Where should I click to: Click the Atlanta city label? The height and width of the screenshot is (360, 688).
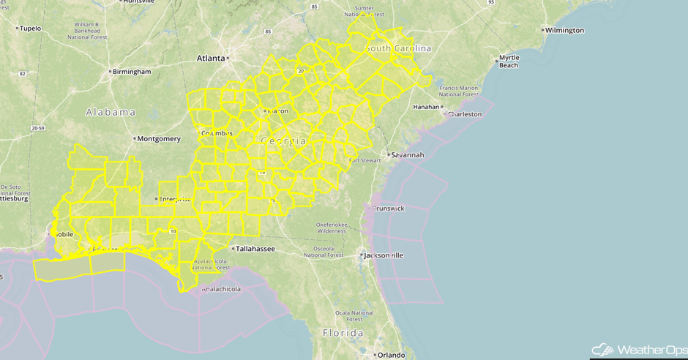point(210,58)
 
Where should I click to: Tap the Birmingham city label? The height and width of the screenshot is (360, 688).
point(132,72)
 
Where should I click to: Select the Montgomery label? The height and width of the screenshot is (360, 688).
point(159,139)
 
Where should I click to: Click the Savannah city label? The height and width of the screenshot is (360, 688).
point(408,155)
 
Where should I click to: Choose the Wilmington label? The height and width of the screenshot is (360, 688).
point(564,31)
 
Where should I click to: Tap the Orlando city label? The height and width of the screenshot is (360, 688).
point(391,355)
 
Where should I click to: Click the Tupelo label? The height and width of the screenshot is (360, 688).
point(30,29)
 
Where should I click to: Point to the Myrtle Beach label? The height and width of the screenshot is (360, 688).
point(509,61)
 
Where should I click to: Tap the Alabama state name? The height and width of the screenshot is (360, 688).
point(111,113)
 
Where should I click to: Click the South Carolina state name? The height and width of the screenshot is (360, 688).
point(398,48)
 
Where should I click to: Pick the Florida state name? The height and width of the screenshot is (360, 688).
point(343,333)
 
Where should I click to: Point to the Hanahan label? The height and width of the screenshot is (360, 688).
point(425,107)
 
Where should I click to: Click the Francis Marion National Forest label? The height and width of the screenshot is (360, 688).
point(458,91)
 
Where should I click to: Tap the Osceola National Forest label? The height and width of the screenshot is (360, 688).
point(324,252)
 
